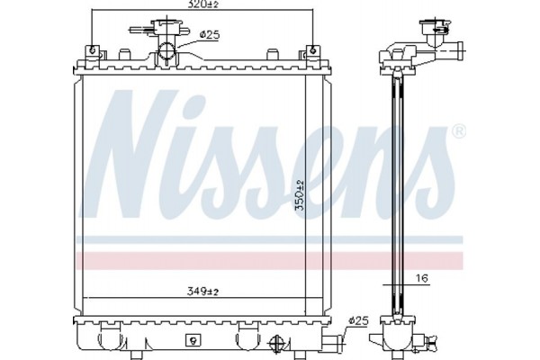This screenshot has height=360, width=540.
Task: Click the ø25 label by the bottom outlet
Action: point(358,320)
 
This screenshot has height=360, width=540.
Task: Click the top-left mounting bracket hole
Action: point(91,49)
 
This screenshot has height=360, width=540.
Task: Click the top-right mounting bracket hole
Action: point(311,49)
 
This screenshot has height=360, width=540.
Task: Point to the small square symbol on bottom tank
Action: point(191,340)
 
